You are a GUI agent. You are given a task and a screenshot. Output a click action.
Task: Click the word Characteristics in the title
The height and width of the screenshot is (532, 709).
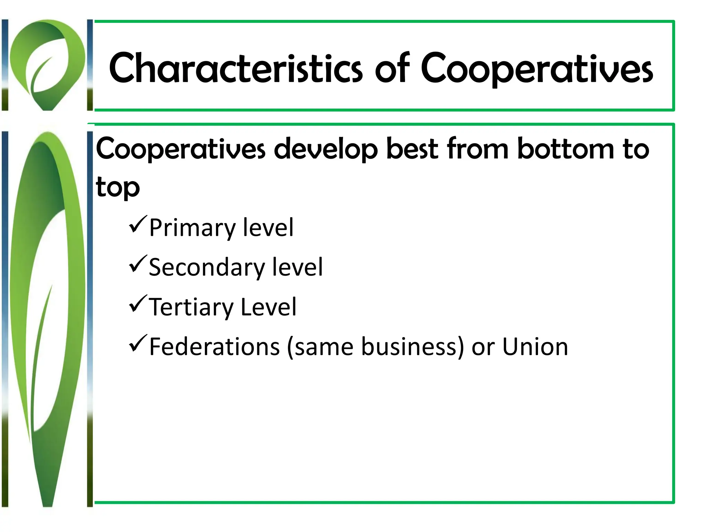tap(236, 69)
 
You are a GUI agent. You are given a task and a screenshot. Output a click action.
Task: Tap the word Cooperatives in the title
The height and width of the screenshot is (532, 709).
tap(537, 69)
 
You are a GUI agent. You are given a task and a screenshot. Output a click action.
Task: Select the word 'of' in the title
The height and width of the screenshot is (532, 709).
tap(392, 69)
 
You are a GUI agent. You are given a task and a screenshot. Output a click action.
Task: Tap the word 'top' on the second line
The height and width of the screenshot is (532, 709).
tap(118, 187)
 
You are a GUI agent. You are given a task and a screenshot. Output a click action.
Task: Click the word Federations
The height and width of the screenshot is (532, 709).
tap(215, 347)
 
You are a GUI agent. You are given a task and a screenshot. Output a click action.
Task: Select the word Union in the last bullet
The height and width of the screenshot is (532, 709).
tap(535, 347)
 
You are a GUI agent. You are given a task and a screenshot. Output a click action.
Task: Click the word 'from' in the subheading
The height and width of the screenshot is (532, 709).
tap(478, 149)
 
